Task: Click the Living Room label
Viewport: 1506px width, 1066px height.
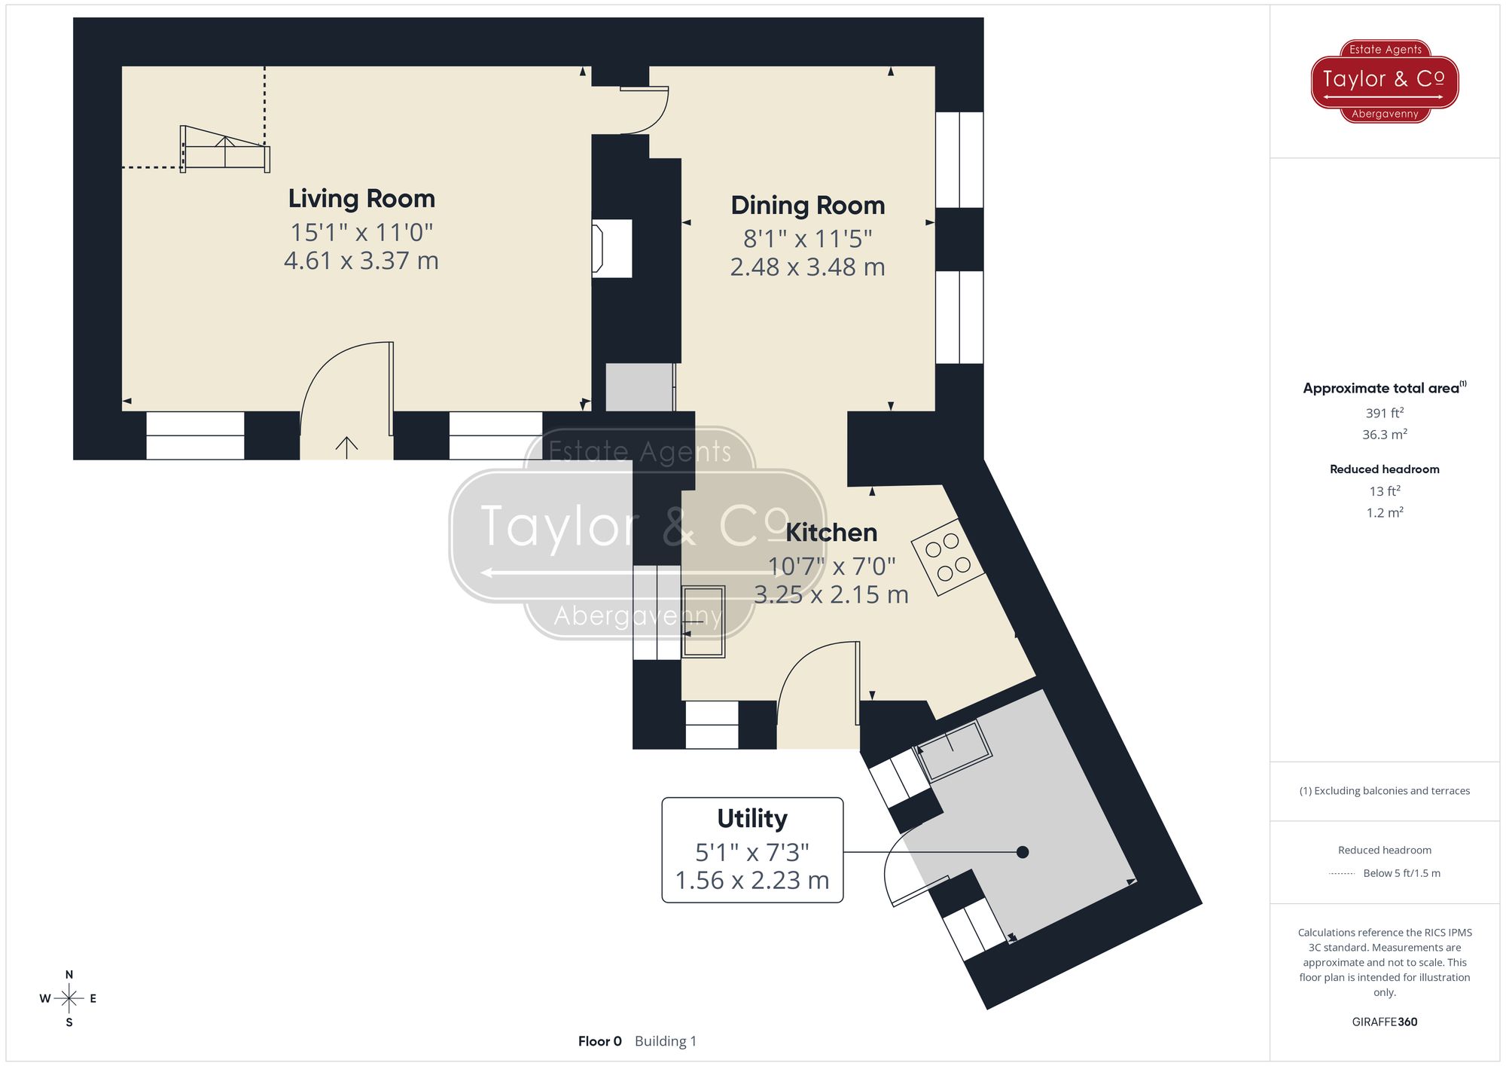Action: pyautogui.click(x=361, y=199)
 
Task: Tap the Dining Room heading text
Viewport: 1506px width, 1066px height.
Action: pyautogui.click(x=807, y=206)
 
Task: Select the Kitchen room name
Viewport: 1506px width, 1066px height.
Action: pyautogui.click(x=831, y=533)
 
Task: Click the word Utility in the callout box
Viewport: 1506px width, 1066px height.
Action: pyautogui.click(x=751, y=818)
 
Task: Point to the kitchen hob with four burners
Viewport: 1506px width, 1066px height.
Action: pyautogui.click(x=947, y=557)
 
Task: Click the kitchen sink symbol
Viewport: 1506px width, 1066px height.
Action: pyautogui.click(x=703, y=622)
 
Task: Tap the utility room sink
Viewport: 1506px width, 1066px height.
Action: pyautogui.click(x=953, y=750)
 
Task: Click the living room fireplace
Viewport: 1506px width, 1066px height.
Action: pyautogui.click(x=611, y=249)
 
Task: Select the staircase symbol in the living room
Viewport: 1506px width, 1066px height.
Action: pyautogui.click(x=224, y=149)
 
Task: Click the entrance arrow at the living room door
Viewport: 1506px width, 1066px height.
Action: pyautogui.click(x=346, y=447)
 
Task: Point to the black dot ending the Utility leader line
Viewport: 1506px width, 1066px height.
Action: pyautogui.click(x=1023, y=852)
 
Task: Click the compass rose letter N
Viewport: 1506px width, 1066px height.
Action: pyautogui.click(x=69, y=975)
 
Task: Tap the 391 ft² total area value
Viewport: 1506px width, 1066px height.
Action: pyautogui.click(x=1384, y=413)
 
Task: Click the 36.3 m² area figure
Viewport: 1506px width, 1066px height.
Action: pyautogui.click(x=1384, y=435)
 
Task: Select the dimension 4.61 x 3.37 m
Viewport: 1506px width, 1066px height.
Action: pyautogui.click(x=361, y=261)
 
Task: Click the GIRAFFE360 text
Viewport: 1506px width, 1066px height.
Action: pyautogui.click(x=1384, y=1022)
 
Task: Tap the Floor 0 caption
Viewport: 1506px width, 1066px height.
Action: pyautogui.click(x=599, y=1041)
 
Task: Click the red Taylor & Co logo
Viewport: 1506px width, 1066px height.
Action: pyautogui.click(x=1384, y=81)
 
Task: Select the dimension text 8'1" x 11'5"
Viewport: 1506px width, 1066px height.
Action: pyautogui.click(x=807, y=239)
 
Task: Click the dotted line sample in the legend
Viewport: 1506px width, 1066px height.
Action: pyautogui.click(x=1342, y=874)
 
